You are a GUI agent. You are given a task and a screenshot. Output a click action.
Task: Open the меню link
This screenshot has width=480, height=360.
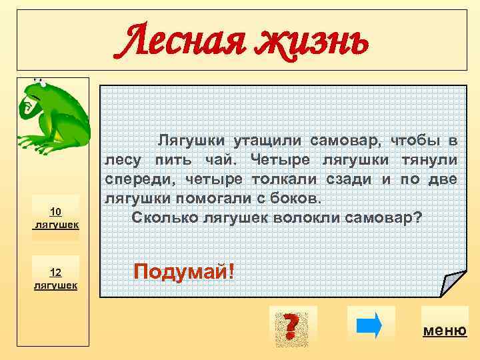coord(445,331)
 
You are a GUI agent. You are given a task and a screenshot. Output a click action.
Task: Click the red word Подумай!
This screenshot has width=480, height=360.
coord(184,271)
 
